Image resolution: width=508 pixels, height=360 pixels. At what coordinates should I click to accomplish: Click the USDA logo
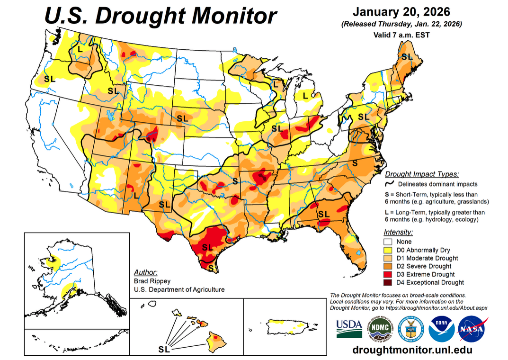[x=349, y=328]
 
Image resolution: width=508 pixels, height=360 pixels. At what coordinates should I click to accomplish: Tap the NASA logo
[x=472, y=328]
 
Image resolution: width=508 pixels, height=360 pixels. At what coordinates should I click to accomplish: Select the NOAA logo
[x=441, y=328]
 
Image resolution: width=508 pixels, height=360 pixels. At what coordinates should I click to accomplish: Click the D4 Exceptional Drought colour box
[x=388, y=283]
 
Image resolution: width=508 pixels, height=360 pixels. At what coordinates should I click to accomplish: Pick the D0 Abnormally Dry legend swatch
[x=388, y=250]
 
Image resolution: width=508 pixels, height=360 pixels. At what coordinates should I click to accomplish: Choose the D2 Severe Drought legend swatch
[x=388, y=266]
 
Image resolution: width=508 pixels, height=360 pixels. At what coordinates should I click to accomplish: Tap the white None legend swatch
[x=388, y=242]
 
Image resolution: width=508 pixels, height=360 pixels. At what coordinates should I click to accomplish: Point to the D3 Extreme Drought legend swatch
[x=388, y=274]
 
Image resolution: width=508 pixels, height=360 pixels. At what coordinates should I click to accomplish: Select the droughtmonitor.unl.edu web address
[x=412, y=350]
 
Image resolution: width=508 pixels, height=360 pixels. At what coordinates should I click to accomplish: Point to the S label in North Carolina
[x=354, y=162]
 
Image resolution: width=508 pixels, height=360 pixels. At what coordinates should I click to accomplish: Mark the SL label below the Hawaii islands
[x=164, y=350]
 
